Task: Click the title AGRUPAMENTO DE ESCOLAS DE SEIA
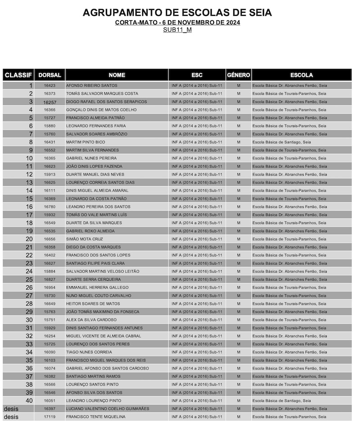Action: click(x=177, y=13)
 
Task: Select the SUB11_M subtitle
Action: click(x=177, y=30)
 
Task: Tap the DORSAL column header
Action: click(x=49, y=75)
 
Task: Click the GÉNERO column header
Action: click(x=238, y=75)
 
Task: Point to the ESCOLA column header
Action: click(x=301, y=75)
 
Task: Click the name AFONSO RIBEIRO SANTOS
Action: click(x=91, y=85)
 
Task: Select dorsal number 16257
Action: click(x=49, y=102)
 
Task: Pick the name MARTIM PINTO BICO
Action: click(x=86, y=142)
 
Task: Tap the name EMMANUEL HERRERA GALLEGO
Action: click(x=97, y=288)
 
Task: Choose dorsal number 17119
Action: click(x=49, y=417)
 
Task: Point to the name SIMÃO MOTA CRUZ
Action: click(x=85, y=239)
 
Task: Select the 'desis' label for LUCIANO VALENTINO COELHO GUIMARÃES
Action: click(x=11, y=409)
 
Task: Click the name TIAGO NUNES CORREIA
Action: click(x=89, y=352)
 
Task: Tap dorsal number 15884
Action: click(x=49, y=271)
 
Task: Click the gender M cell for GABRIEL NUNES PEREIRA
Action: click(x=238, y=158)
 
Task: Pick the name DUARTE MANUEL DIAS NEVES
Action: click(x=95, y=175)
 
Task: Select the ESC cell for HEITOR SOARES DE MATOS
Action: click(x=197, y=304)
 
